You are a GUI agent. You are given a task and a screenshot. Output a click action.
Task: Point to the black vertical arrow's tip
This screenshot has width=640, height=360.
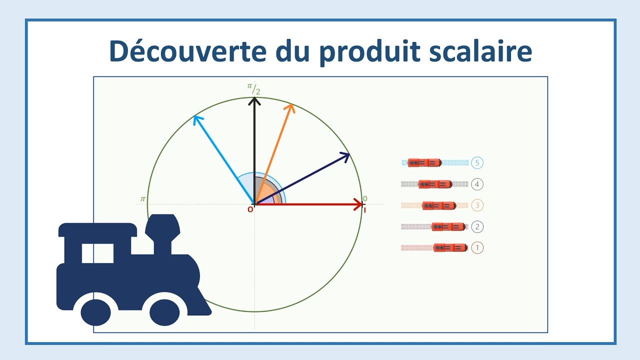(x=255, y=99)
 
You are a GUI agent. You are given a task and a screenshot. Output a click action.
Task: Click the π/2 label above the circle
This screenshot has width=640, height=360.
(x=253, y=88)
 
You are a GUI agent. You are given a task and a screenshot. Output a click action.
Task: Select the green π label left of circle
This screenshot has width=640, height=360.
(x=142, y=199)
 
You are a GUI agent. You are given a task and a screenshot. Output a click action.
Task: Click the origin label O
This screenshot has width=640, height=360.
(x=250, y=210)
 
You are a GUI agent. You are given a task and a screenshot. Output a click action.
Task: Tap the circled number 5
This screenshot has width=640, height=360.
(x=477, y=163)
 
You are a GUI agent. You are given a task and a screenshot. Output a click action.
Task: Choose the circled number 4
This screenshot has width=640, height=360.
(x=477, y=184)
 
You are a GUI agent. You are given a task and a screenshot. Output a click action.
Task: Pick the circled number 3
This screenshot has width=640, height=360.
(x=477, y=205)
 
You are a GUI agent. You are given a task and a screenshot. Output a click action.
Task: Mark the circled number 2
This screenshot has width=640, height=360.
(x=477, y=227)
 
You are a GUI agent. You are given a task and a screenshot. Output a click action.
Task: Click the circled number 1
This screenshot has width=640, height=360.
(x=477, y=247)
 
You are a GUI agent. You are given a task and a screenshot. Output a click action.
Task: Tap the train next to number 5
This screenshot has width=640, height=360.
(x=424, y=162)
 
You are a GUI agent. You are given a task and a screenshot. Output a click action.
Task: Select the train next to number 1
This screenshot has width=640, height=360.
(x=450, y=247)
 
